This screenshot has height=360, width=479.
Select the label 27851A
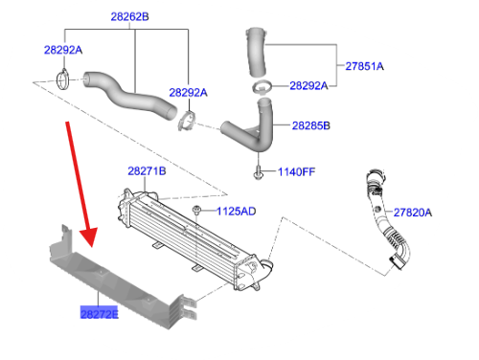pos(364,66)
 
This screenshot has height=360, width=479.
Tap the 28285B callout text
pos(310,125)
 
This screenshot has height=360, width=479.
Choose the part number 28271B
pos(147,170)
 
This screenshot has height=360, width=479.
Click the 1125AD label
pos(235,210)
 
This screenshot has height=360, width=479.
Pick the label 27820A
pos(413,212)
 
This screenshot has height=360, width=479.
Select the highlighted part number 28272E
pos(99,313)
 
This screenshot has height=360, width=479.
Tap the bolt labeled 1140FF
pos(260,173)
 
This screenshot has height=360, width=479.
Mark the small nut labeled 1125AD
pos(194,209)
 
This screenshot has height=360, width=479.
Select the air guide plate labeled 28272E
pos(115,278)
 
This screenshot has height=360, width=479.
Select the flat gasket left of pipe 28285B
pos(188,121)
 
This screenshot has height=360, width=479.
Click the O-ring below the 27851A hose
pos(260,88)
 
